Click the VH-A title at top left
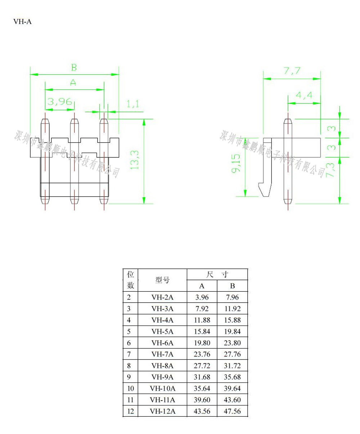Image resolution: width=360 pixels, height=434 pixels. [22, 22]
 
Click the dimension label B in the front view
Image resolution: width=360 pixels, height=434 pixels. [73, 67]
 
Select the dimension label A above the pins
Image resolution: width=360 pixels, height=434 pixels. [73, 82]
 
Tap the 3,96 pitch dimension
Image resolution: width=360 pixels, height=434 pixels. [60, 102]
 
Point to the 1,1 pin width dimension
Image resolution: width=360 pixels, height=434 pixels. [132, 104]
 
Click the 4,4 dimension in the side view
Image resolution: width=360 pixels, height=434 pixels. [304, 95]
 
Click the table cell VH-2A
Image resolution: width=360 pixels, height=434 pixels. [162, 297]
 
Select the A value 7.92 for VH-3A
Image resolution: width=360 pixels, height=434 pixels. [202, 309]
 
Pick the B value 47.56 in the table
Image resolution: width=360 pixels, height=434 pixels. [232, 411]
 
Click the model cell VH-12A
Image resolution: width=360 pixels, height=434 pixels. [162, 411]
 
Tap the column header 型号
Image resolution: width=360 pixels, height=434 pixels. [162, 280]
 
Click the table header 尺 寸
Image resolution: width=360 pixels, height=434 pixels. [217, 274]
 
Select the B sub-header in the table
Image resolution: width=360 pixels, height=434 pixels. [232, 286]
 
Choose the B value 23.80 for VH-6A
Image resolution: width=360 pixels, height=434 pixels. [232, 343]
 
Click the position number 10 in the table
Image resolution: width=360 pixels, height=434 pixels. [130, 389]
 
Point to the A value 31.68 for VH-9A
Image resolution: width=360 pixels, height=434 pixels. [202, 377]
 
